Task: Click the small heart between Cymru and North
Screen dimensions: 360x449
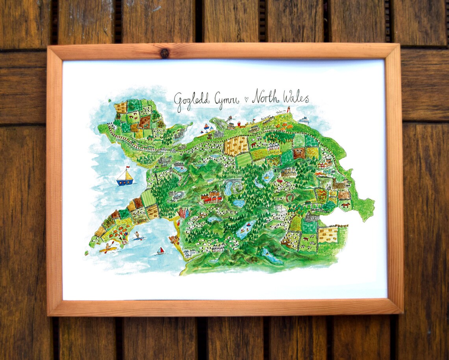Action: coord(247,100)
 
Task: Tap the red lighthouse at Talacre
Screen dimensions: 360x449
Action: coord(288,109)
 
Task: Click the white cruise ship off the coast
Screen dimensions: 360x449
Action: coord(303,120)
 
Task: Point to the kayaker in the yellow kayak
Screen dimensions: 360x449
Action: coord(108,248)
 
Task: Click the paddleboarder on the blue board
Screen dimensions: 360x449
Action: coord(137,236)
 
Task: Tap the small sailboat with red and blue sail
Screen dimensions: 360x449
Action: coord(160,251)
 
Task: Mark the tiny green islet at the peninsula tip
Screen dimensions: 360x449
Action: coord(86,253)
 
